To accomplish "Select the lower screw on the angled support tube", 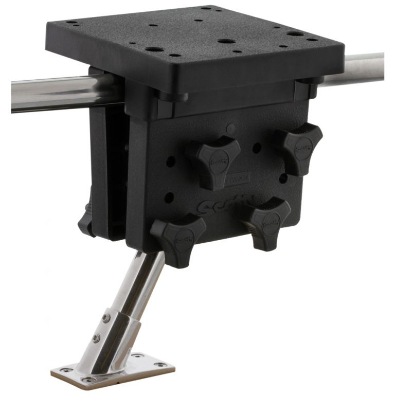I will click(x=95, y=338).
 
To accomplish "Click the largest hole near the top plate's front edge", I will click(x=153, y=50).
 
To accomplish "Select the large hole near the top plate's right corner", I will click(x=295, y=34).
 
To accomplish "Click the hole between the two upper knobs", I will click(x=256, y=148).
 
